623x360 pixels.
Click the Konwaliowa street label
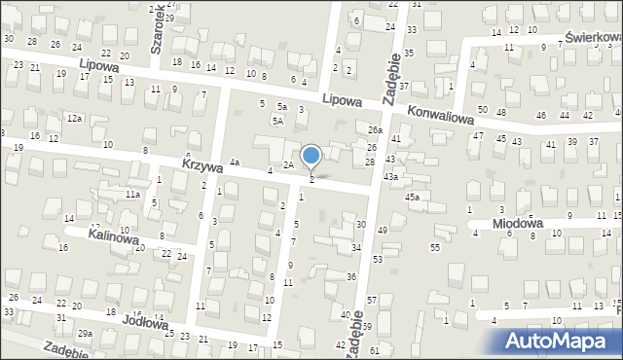pos(440,115)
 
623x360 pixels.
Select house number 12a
pos(74,118)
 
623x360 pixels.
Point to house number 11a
pos(131,195)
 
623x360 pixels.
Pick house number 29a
pos(86,334)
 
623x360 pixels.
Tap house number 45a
pos(412,198)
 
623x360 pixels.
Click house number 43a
pos(390,176)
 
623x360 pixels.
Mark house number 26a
pos(376,130)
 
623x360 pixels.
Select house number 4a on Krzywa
pos(234,162)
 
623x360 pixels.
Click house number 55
pos(434,248)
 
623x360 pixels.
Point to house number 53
pos(377,260)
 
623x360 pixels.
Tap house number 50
pos(481,109)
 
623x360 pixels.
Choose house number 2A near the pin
pos(288,165)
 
